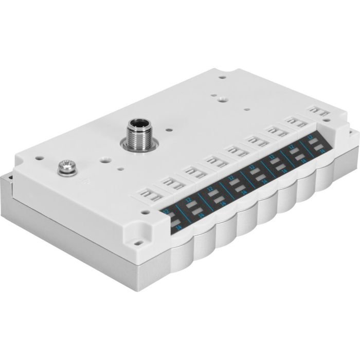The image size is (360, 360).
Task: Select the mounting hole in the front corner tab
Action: pyautogui.click(x=139, y=239)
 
